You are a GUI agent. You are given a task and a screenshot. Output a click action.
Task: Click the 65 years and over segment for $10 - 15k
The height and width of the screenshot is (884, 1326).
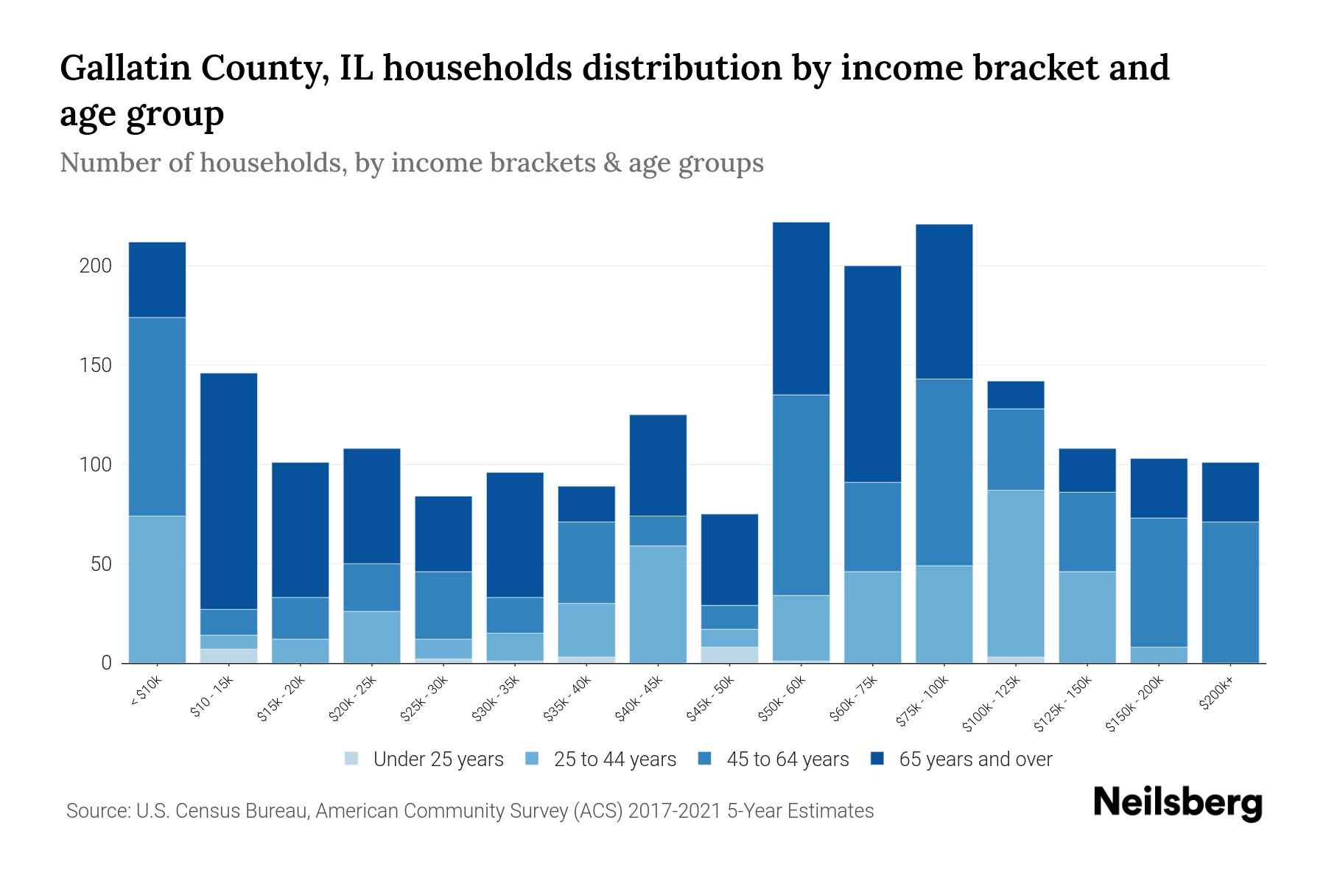pyautogui.click(x=228, y=491)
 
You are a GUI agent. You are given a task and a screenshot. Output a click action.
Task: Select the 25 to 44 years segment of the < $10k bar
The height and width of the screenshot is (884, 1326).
pyautogui.click(x=157, y=589)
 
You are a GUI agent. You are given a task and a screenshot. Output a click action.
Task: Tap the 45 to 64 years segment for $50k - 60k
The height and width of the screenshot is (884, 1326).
pyautogui.click(x=801, y=495)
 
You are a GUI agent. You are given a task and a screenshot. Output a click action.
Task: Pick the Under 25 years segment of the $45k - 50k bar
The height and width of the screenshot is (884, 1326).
pyautogui.click(x=729, y=655)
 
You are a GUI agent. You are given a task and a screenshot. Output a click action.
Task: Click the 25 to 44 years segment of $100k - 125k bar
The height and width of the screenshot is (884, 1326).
pyautogui.click(x=1016, y=573)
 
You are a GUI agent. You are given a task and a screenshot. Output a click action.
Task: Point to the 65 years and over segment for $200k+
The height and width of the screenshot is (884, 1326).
pyautogui.click(x=1230, y=492)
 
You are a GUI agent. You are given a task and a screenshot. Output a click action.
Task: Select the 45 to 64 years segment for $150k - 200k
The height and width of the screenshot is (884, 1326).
pyautogui.click(x=1159, y=582)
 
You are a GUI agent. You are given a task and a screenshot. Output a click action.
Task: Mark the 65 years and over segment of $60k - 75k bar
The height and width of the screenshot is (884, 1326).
pyautogui.click(x=872, y=374)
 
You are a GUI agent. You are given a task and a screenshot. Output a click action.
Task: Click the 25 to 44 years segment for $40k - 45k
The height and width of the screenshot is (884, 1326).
pyautogui.click(x=658, y=604)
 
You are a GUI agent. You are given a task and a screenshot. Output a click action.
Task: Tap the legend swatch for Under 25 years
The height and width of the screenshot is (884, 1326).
pyautogui.click(x=352, y=759)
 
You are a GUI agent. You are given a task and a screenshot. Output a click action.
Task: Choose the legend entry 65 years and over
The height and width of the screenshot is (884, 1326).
pyautogui.click(x=975, y=759)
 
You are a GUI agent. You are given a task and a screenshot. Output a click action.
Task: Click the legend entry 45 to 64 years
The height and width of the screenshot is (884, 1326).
pyautogui.click(x=787, y=759)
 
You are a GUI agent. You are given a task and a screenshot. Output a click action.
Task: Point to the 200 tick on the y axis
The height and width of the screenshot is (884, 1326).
pyautogui.click(x=95, y=266)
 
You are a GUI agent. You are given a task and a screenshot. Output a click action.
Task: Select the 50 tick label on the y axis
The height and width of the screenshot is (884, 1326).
pyautogui.click(x=99, y=564)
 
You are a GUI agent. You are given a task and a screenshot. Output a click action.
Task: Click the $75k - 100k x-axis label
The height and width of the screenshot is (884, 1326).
pyautogui.click(x=923, y=703)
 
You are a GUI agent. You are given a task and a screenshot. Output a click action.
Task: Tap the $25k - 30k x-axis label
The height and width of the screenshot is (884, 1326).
pyautogui.click(x=424, y=701)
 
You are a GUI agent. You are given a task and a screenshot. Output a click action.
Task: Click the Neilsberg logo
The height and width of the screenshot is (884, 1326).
pyautogui.click(x=1177, y=802)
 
